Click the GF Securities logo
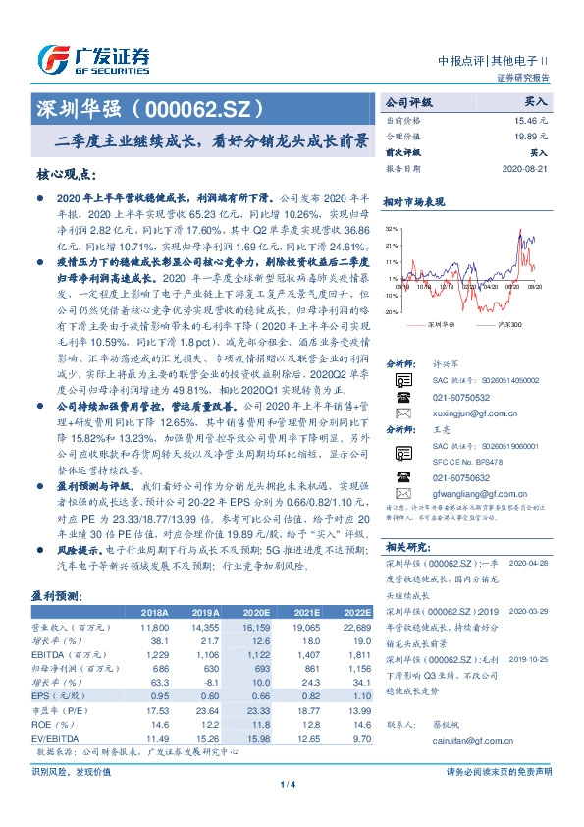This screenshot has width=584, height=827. point(92,59)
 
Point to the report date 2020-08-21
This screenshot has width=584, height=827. point(529,169)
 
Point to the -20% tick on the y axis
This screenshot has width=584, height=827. point(392,310)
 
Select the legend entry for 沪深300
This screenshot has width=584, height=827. point(504,322)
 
